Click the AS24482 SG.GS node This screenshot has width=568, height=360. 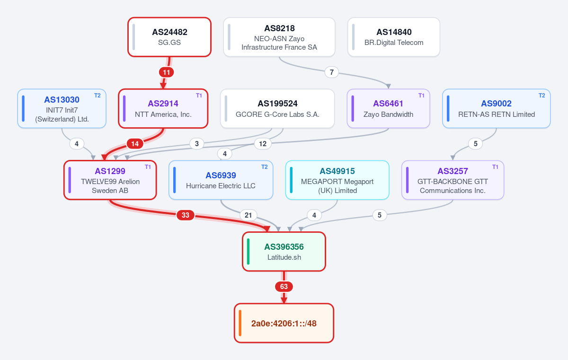pyautogui.click(x=169, y=37)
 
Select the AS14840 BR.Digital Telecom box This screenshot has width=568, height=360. pyautogui.click(x=394, y=37)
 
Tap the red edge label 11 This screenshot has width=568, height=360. pyautogui.click(x=166, y=72)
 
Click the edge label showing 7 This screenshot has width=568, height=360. pyautogui.click(x=332, y=72)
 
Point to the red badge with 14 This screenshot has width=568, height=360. pyautogui.click(x=135, y=144)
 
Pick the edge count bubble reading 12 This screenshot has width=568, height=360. pyautogui.click(x=263, y=144)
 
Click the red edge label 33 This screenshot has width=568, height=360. pyautogui.click(x=186, y=215)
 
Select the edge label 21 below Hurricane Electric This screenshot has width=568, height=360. pyautogui.click(x=248, y=215)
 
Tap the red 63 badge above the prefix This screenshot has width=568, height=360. pyautogui.click(x=284, y=287)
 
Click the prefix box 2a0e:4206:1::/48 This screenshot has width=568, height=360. pyautogui.click(x=284, y=323)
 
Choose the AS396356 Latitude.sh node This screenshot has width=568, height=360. pyautogui.click(x=284, y=252)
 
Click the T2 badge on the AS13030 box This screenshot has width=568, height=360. pyautogui.click(x=98, y=96)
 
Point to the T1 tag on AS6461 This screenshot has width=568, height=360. pyautogui.click(x=421, y=96)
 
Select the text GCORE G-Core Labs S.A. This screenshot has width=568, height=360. pyautogui.click(x=277, y=114)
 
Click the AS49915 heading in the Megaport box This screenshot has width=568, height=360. pyautogui.click(x=337, y=171)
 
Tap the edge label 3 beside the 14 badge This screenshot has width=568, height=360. pyautogui.click(x=197, y=144)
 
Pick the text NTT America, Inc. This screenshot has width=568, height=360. pyautogui.click(x=163, y=114)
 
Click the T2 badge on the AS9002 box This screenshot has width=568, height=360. pyautogui.click(x=541, y=96)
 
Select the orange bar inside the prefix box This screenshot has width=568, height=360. pyautogui.click(x=240, y=323)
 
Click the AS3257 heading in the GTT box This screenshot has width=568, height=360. pyautogui.click(x=453, y=171)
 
